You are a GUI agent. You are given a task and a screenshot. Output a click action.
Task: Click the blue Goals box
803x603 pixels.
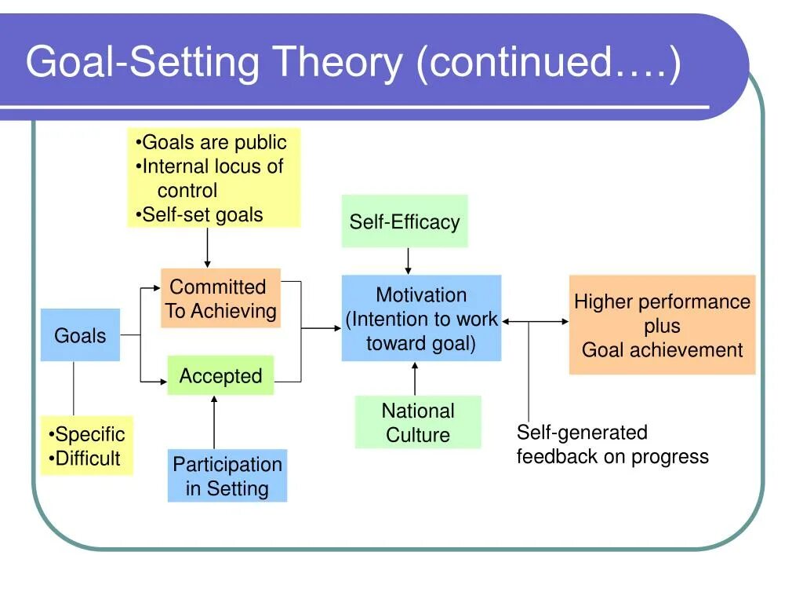pyautogui.click(x=81, y=334)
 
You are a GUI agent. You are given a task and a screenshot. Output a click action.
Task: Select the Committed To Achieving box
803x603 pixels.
pyautogui.click(x=220, y=298)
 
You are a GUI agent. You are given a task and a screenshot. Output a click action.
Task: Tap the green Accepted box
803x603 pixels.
pyautogui.click(x=220, y=375)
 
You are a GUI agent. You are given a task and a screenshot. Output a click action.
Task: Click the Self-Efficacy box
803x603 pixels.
pyautogui.click(x=405, y=221)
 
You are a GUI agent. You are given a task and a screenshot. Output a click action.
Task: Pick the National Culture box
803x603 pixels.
pyautogui.click(x=418, y=422)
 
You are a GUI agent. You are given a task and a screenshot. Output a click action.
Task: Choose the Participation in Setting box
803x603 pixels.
pyautogui.click(x=227, y=475)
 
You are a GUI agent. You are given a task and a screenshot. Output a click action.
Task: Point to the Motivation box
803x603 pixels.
pyautogui.click(x=421, y=318)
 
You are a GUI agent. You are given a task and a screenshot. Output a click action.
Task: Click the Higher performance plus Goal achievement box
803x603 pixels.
pyautogui.click(x=662, y=324)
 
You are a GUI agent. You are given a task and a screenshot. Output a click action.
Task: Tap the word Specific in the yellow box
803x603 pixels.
pyautogui.click(x=89, y=434)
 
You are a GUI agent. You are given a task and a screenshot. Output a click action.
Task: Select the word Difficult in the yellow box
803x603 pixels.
pyautogui.click(x=88, y=459)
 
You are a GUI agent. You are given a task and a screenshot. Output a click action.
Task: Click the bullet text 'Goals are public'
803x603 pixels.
pyautogui.click(x=214, y=142)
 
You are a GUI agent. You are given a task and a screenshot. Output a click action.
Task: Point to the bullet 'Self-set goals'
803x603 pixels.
pyautogui.click(x=202, y=215)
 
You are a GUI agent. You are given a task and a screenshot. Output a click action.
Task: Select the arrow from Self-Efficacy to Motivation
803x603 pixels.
pyautogui.click(x=408, y=261)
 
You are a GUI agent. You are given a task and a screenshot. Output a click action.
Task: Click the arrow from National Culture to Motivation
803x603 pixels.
pyautogui.click(x=415, y=378)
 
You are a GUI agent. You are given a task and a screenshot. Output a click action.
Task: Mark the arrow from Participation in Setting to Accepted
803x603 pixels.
pyautogui.click(x=214, y=422)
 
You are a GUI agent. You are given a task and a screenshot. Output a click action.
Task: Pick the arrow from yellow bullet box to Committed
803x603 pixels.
pyautogui.click(x=207, y=247)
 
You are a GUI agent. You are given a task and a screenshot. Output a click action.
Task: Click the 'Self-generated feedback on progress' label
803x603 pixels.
pyautogui.click(x=612, y=444)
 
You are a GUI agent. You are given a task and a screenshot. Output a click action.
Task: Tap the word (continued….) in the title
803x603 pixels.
pyautogui.click(x=548, y=63)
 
